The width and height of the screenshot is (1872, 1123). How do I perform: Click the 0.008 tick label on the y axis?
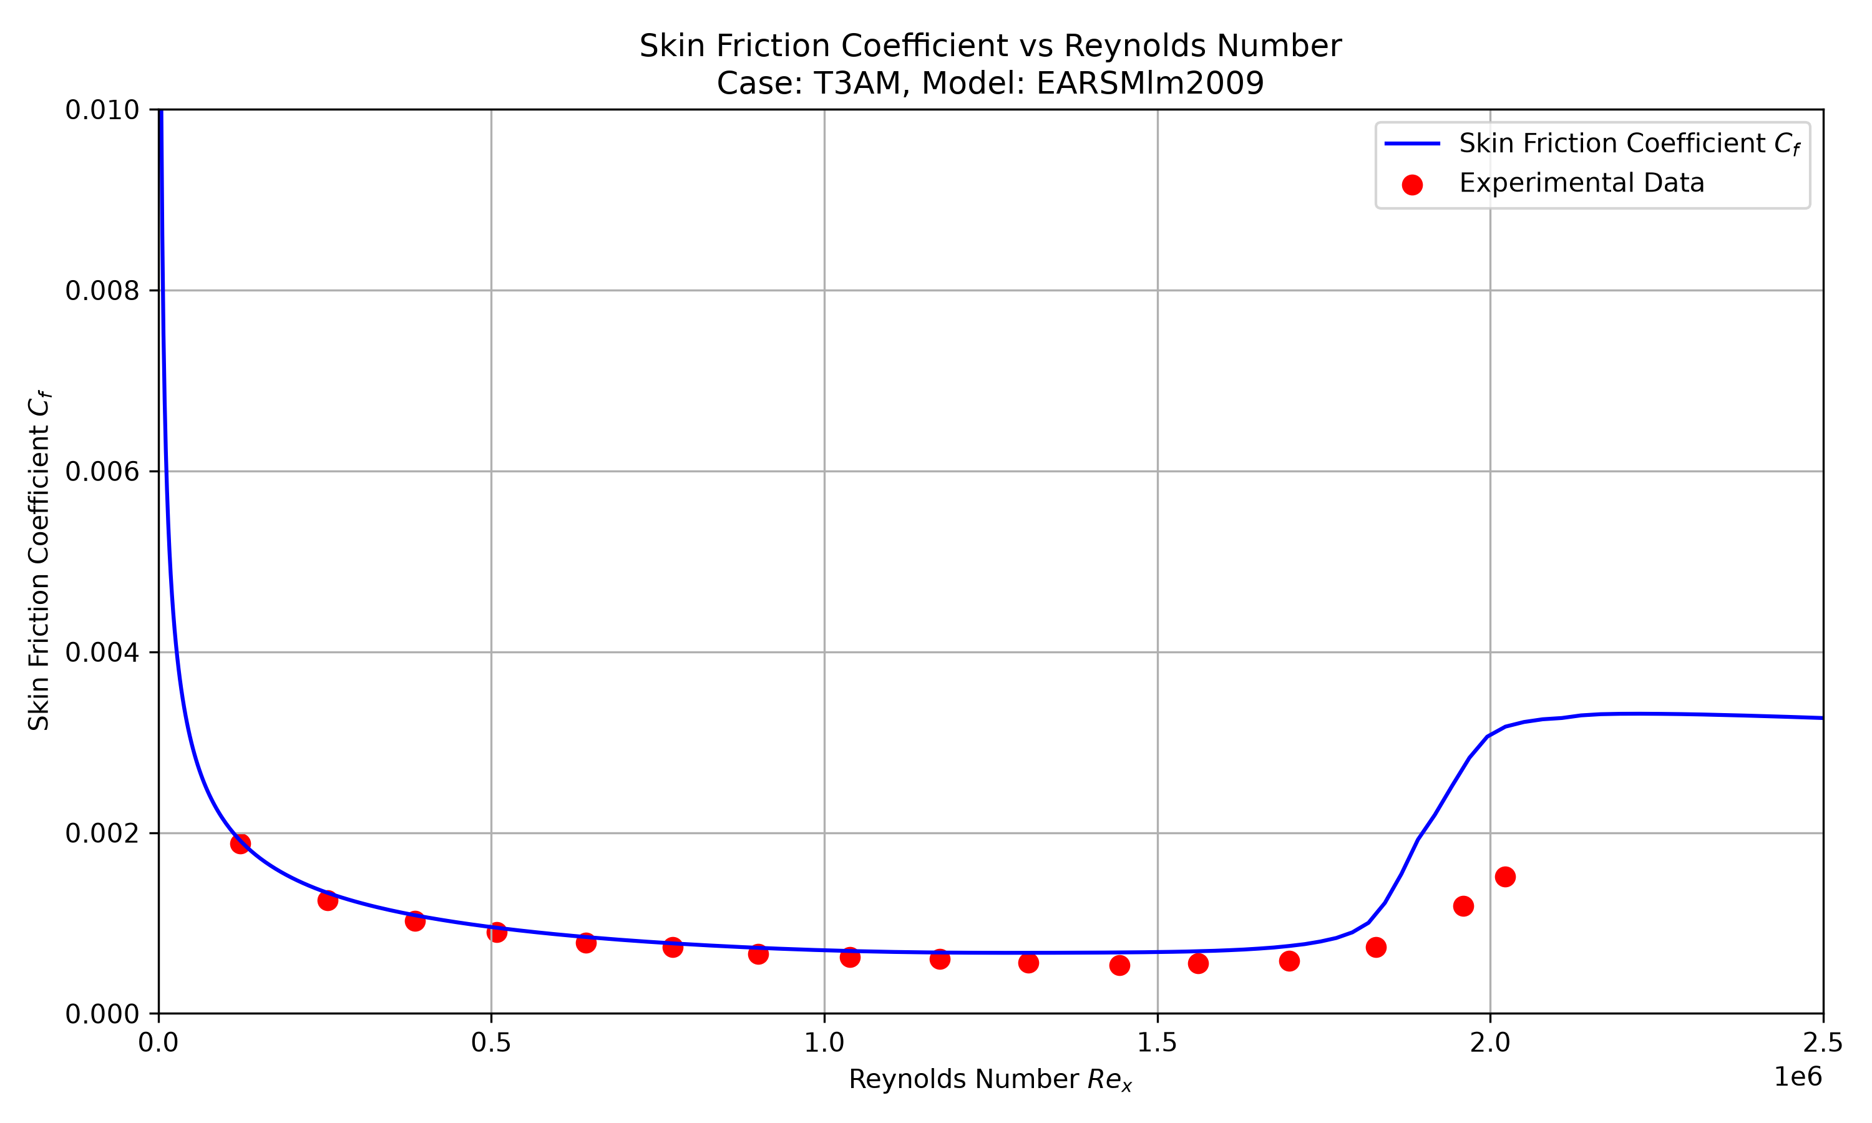102,291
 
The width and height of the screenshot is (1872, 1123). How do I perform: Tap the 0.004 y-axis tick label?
102,653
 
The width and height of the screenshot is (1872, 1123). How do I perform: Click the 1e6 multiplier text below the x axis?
1798,1077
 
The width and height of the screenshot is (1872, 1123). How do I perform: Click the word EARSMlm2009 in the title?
1150,83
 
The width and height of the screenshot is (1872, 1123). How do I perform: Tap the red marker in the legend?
1412,185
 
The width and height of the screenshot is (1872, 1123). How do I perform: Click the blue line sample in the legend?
1412,143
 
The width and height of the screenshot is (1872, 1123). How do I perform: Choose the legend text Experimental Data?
1581,183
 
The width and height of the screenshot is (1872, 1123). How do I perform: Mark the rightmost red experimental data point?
1505,877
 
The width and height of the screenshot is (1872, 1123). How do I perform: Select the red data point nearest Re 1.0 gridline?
850,957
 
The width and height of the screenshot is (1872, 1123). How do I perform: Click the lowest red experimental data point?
1120,966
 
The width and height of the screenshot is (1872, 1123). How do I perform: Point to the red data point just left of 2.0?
1463,906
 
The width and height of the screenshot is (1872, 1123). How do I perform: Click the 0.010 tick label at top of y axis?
102,110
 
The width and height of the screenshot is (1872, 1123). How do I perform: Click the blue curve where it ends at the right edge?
1822,718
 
